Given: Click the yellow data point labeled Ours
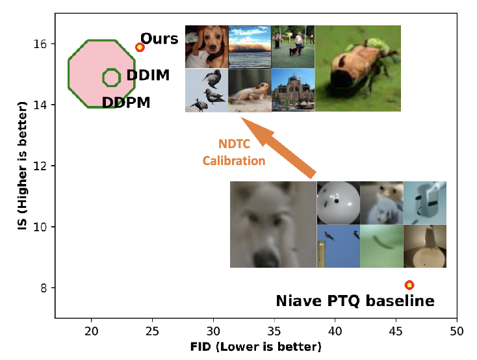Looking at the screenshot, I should pos(140,47).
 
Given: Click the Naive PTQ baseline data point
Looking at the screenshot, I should pos(409,285).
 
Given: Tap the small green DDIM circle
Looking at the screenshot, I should pos(111,77).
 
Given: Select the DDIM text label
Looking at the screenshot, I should pos(148,75).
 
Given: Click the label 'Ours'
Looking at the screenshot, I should pos(159,39).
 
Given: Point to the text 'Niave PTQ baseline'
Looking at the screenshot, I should pos(355,301).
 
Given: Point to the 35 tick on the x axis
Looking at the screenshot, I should pos(274,331).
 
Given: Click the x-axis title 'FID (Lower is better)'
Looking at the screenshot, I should pos(256,346).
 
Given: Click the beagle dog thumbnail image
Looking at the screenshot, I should pos(206,47).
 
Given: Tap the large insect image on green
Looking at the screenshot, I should pos(358,68).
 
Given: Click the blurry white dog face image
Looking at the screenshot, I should pos(273,225).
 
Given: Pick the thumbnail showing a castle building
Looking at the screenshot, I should pos(292,90).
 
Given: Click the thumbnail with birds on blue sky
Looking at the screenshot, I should pos(338,246).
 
